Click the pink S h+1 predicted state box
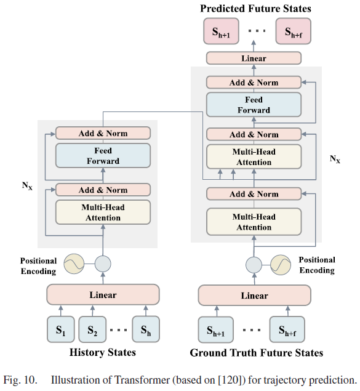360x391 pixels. point(222,31)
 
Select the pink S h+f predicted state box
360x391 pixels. point(294,31)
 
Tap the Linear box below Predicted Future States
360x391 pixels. point(254,58)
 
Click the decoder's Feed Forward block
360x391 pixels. point(254,105)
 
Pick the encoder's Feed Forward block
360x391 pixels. point(103,156)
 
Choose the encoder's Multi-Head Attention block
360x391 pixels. point(103,212)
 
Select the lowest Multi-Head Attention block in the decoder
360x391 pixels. point(254,222)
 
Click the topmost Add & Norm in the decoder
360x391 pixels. point(254,83)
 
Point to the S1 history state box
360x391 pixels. point(61,329)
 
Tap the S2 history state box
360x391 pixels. point(92,329)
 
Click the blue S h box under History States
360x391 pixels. point(146,329)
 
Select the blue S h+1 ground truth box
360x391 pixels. point(216,329)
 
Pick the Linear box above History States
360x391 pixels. point(103,294)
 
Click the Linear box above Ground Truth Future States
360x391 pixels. point(254,295)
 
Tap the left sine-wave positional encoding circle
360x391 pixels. point(74,264)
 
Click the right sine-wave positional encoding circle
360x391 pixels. point(281,265)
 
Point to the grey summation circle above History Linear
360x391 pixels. point(103,264)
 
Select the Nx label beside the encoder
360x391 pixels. point(27,186)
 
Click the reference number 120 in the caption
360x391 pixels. point(230,380)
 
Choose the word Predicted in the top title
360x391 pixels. point(222,8)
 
